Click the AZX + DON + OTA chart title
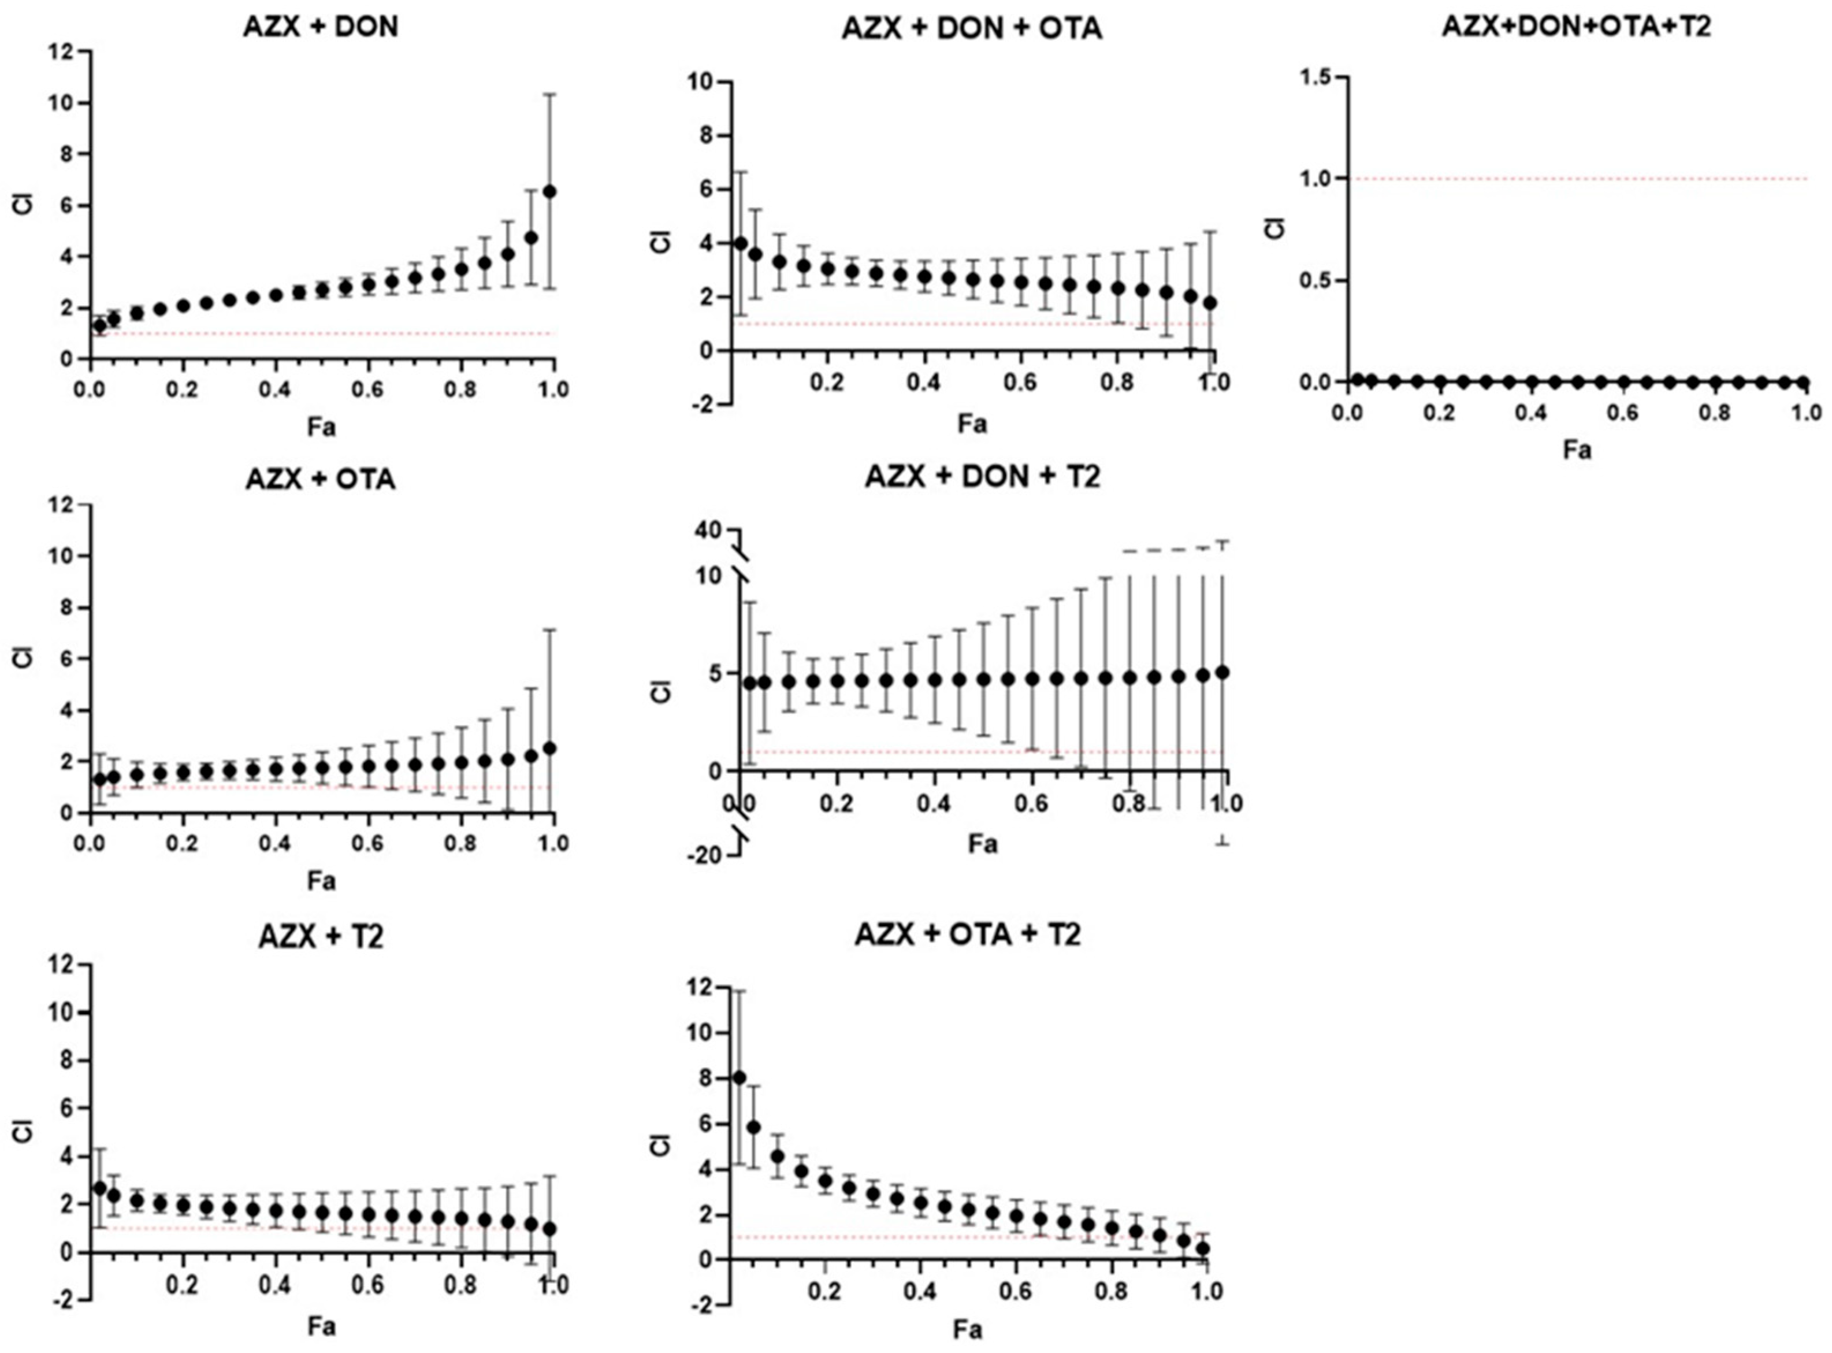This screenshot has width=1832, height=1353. pos(972,29)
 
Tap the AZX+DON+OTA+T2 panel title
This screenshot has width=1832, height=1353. pos(1577,26)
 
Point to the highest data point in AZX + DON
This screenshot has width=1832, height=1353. pos(550,191)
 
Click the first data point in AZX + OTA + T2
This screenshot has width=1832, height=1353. pos(739,1078)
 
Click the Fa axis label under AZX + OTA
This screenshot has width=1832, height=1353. pos(321,881)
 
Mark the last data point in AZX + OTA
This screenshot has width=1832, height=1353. pos(550,748)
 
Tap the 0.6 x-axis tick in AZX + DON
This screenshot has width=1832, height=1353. pos(369,389)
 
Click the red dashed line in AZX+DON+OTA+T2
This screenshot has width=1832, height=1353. pos(1577,179)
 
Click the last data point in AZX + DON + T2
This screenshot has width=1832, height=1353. pos(1223,672)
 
